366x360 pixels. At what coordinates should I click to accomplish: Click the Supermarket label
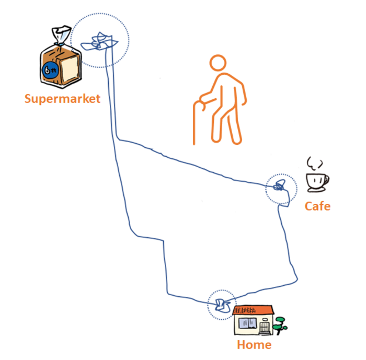pos(62,98)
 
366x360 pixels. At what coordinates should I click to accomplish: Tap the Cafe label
pos(317,206)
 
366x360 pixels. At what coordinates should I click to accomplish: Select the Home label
pos(254,345)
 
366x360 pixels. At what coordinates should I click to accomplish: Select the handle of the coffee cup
pos(327,181)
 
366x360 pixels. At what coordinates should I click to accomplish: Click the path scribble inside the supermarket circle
pos(100,42)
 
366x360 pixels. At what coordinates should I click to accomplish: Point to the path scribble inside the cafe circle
pos(280,186)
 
